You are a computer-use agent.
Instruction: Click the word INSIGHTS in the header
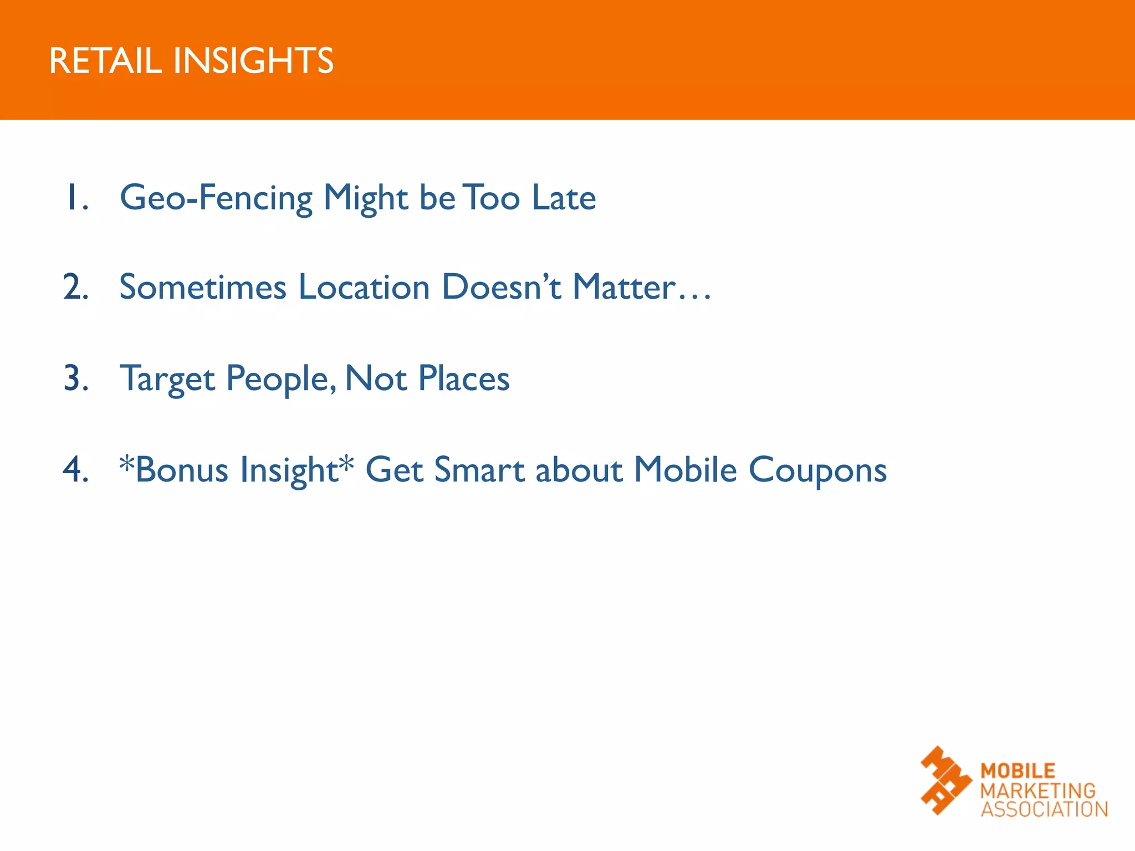pos(253,60)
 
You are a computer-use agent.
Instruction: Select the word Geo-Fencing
pos(216,198)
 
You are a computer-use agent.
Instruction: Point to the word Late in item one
pos(564,198)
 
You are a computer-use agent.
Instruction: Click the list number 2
pos(76,288)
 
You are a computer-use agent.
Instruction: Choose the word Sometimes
pos(203,288)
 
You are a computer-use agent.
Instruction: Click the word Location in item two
pos(364,288)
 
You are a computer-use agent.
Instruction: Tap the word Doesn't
pos(502,288)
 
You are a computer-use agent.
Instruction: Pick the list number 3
pos(76,379)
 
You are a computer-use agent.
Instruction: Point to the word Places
pos(464,379)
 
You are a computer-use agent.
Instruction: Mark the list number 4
pos(76,470)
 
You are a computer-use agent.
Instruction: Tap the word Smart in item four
pos(479,470)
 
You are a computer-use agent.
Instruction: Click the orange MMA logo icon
pos(945,781)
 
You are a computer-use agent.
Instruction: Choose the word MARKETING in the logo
pos(1038,791)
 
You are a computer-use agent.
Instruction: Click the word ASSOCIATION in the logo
pos(1044,809)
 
